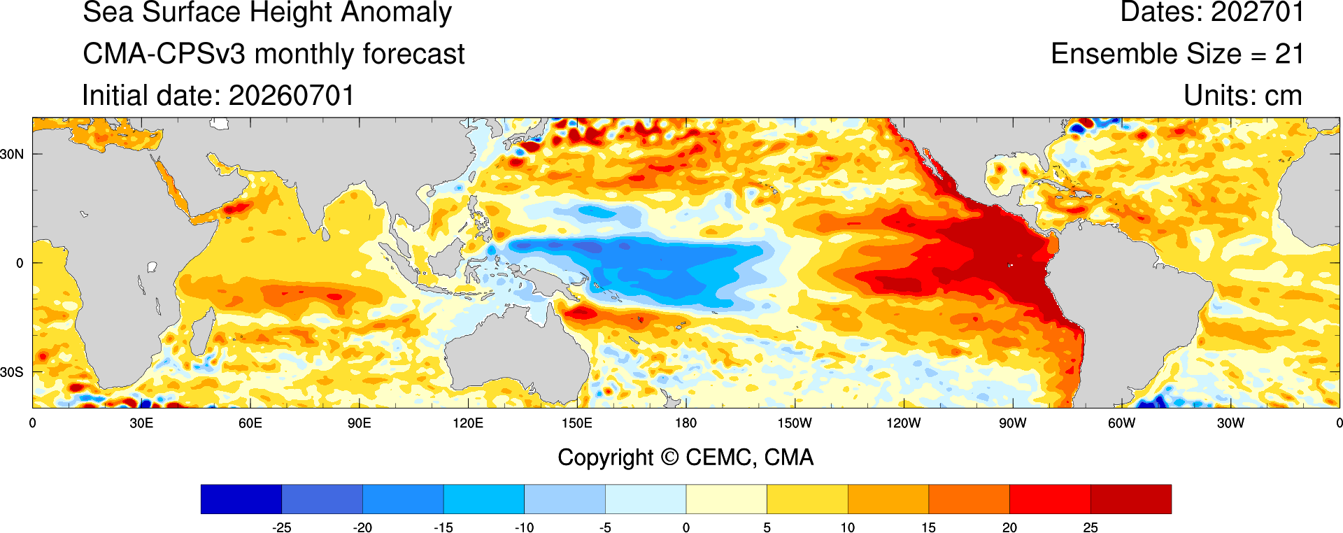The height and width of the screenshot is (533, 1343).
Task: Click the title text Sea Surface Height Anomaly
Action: (267, 13)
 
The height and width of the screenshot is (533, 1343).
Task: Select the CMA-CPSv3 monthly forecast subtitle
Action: (273, 54)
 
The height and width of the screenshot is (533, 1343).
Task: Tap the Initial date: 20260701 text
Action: (218, 96)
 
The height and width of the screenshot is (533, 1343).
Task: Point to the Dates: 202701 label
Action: (1212, 13)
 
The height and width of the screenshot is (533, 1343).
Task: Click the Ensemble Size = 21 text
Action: (1177, 54)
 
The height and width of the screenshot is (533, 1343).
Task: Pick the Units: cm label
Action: (1243, 96)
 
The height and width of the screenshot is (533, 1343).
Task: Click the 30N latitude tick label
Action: (12, 154)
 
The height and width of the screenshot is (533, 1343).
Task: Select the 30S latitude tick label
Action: (12, 372)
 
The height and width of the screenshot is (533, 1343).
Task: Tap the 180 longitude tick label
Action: (685, 423)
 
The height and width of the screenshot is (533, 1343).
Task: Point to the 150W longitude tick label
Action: (795, 423)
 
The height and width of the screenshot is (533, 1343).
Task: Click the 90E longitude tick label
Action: (359, 423)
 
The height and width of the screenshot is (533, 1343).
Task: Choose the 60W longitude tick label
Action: (1121, 423)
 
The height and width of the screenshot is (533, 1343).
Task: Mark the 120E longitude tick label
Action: (468, 423)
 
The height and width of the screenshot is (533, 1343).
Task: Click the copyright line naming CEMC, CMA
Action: (685, 457)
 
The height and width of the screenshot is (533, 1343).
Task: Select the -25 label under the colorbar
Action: (281, 527)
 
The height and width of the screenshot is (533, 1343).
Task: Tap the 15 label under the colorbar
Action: (928, 527)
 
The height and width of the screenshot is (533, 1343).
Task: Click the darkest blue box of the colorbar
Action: (241, 499)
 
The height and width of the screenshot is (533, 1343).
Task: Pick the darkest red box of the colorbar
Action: (1130, 499)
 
